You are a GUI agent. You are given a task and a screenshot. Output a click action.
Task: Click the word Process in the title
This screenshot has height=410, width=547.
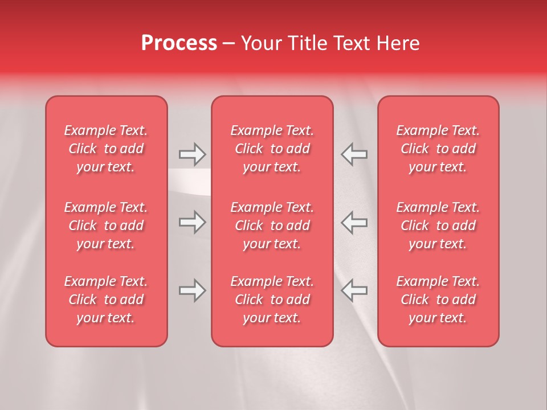tap(179, 43)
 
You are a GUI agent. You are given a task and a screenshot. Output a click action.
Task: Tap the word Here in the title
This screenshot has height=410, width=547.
tap(399, 43)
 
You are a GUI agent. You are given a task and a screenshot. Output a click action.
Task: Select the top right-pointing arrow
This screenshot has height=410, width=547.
tap(192, 154)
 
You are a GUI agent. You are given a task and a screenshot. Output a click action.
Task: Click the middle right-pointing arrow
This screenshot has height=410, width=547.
tap(192, 222)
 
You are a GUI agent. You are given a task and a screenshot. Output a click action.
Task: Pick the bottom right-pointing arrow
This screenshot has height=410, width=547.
tap(192, 290)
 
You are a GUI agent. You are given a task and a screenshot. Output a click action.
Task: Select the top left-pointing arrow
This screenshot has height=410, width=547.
tap(354, 154)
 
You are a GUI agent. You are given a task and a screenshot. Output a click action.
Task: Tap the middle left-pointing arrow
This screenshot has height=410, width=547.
tap(354, 222)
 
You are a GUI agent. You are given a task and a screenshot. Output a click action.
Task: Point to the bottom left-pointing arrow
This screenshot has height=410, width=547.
tap(354, 290)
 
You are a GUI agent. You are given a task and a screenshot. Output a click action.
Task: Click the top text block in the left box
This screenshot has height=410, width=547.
tap(106, 149)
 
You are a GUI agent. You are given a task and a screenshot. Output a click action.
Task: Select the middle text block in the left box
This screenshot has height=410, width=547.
tap(106, 225)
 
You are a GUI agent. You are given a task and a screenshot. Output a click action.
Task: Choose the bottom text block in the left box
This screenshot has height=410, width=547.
tap(106, 300)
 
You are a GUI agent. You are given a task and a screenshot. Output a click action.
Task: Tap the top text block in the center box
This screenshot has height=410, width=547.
tap(272, 149)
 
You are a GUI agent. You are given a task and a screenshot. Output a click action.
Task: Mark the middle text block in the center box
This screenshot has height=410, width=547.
tap(272, 225)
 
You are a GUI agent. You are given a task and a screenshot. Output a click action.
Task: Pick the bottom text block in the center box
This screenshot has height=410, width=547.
tap(272, 300)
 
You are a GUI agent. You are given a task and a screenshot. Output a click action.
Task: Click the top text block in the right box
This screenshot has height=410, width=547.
tap(438, 149)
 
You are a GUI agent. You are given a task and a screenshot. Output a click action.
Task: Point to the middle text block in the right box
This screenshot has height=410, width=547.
tap(438, 225)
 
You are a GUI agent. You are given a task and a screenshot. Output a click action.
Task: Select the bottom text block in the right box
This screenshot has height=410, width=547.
tap(438, 300)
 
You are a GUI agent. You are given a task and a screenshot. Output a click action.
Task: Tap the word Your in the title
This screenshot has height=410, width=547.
tap(260, 43)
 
